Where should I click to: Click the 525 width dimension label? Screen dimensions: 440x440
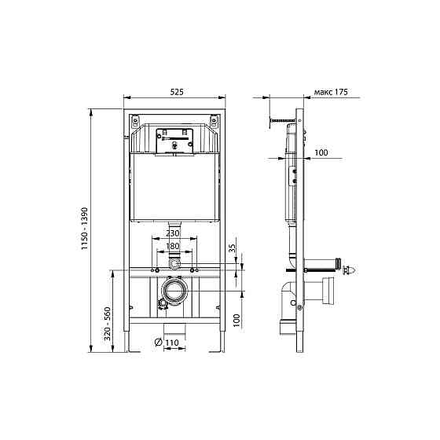click(177, 92)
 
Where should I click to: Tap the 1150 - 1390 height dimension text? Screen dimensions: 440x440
click(85, 229)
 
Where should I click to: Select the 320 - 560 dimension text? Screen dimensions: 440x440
click(108, 324)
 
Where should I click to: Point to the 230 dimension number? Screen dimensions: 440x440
click(173, 233)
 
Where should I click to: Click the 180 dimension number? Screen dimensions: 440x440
click(173, 246)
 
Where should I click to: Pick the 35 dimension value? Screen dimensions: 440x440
click(233, 248)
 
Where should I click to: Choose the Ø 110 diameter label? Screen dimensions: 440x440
click(167, 343)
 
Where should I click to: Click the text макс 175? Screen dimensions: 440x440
click(331, 92)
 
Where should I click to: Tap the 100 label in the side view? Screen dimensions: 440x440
click(321, 152)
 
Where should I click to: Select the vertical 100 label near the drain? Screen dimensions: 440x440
click(237, 321)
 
